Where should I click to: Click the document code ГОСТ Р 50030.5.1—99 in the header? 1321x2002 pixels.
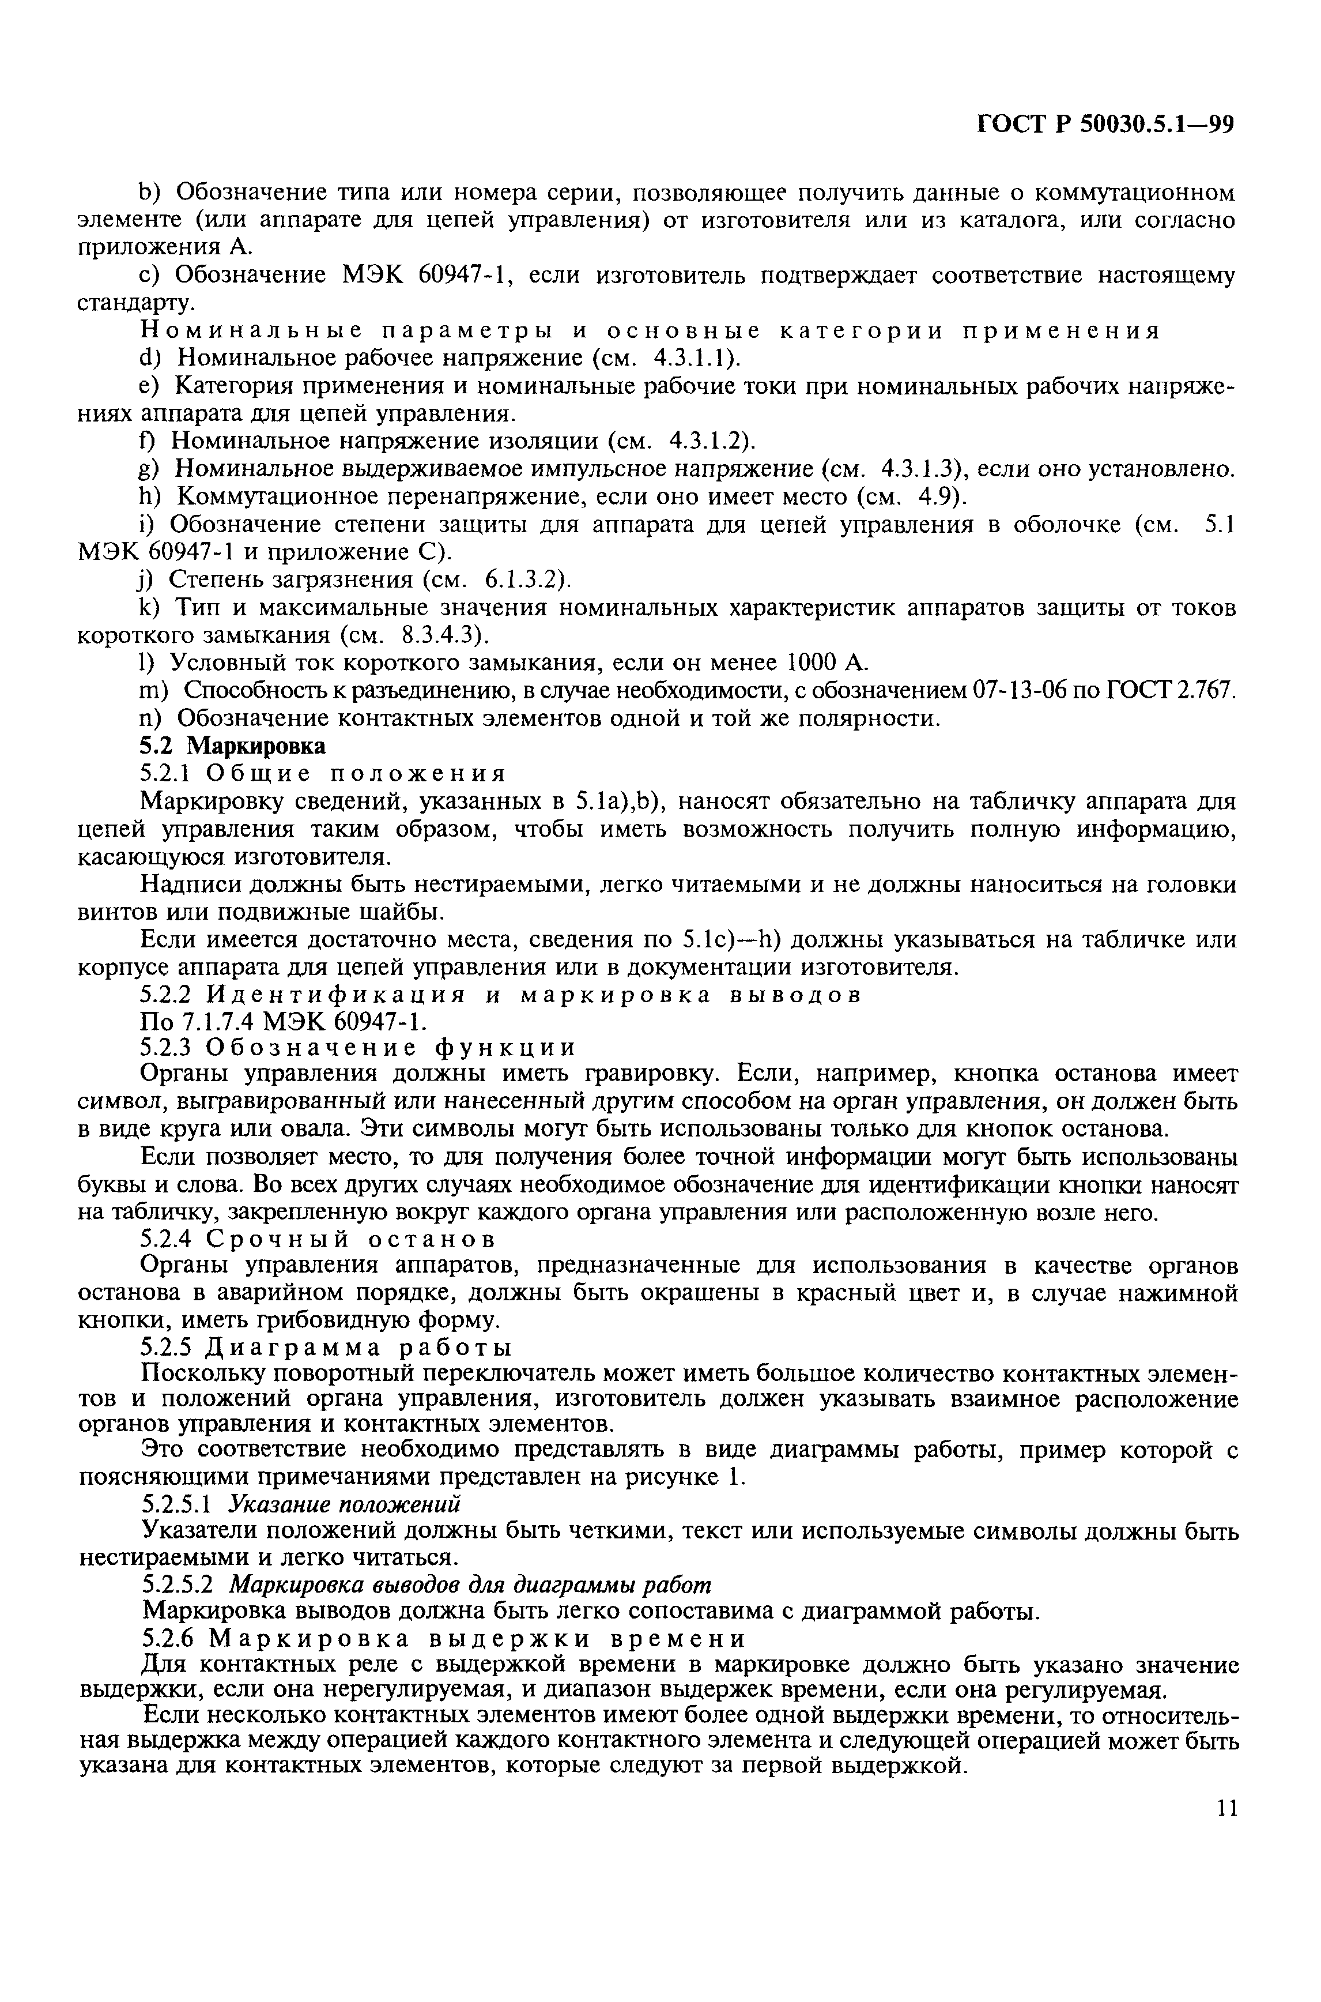tap(1104, 125)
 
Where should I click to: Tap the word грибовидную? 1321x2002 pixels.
tap(382, 1319)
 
